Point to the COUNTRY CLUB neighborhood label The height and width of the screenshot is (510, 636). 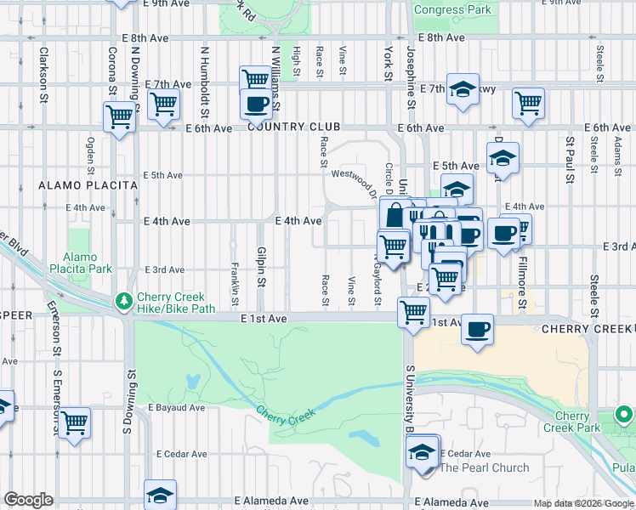click(x=288, y=127)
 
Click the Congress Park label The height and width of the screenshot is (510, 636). click(x=451, y=10)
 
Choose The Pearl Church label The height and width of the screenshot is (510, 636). click(x=484, y=467)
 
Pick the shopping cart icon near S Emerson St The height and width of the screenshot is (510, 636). click(x=75, y=422)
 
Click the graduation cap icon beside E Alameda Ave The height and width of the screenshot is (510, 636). click(x=160, y=494)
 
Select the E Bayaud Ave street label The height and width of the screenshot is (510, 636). click(x=177, y=407)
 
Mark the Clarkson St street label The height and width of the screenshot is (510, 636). click(x=43, y=74)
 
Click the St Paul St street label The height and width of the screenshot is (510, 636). click(x=571, y=155)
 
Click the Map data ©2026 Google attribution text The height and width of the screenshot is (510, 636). click(x=583, y=503)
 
